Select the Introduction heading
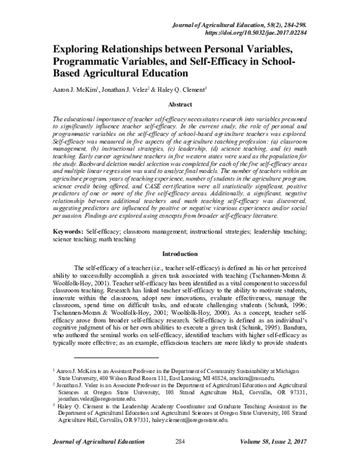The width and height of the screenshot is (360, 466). point(179,255)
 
